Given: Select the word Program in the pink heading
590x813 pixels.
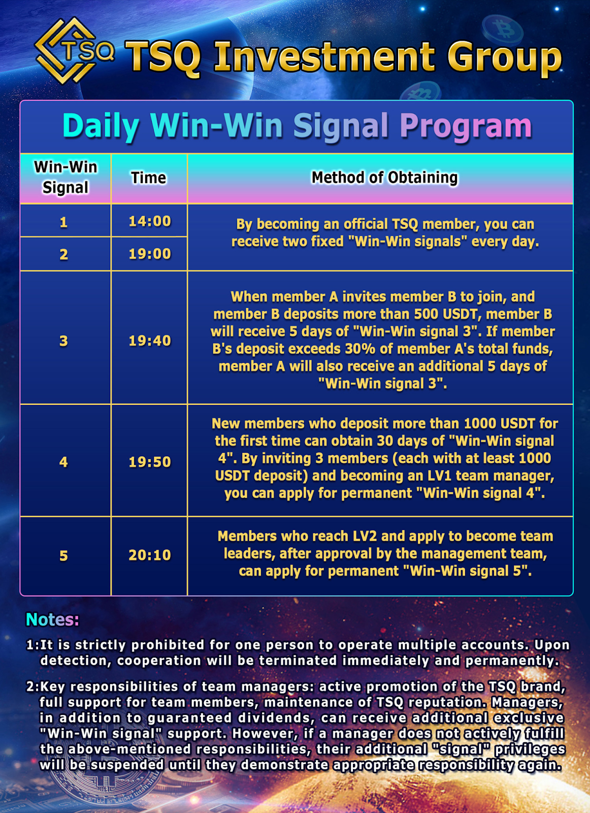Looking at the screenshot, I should (x=465, y=126).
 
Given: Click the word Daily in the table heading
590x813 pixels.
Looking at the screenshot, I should (x=101, y=126).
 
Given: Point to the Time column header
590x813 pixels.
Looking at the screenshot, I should (x=149, y=178).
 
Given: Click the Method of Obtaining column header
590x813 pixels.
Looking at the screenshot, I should (x=384, y=178).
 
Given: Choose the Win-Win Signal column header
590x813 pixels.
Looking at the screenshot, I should (x=65, y=177).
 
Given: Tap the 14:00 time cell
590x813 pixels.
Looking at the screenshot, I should (x=149, y=221).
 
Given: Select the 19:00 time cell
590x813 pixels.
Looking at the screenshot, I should (x=149, y=254).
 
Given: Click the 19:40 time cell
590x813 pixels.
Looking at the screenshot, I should (x=149, y=340).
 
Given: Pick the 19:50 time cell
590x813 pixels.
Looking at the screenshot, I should (x=149, y=462).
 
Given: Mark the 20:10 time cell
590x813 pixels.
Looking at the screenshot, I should (x=149, y=555).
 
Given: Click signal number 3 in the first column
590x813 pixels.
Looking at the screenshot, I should (x=63, y=340).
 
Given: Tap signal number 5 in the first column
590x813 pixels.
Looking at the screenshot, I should (x=63, y=555).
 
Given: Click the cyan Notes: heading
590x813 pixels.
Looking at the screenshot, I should (x=52, y=619).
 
